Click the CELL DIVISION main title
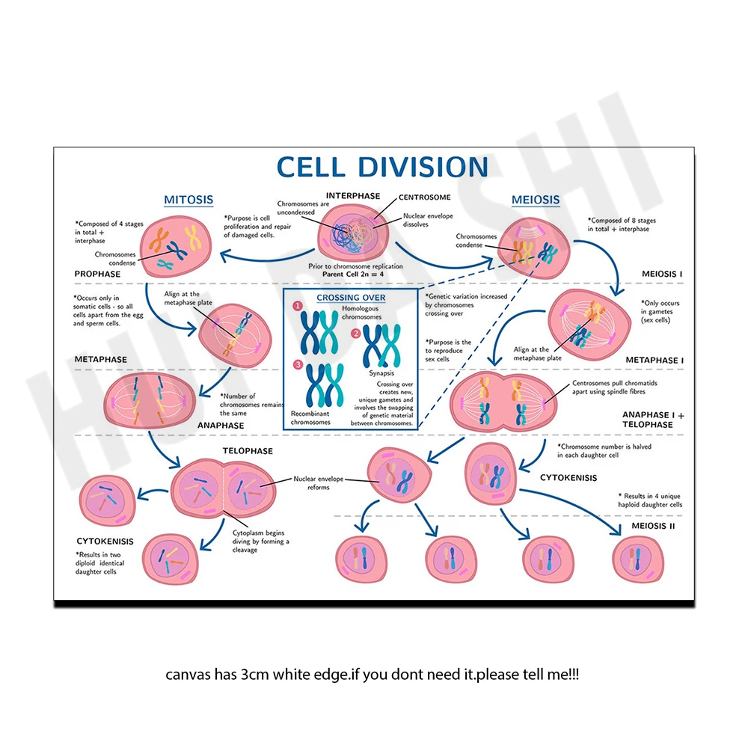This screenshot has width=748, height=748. tap(381, 167)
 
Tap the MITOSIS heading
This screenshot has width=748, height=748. tap(188, 200)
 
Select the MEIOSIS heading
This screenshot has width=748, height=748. tap(535, 200)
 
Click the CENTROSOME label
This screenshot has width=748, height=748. tap(425, 197)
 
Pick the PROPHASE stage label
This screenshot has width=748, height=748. tap(97, 274)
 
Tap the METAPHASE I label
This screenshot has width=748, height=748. tap(654, 360)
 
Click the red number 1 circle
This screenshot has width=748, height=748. tap(298, 307)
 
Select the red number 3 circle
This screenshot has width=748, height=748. tap(298, 365)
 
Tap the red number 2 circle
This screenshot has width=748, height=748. tap(356, 333)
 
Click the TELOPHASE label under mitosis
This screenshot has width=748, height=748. tap(248, 451)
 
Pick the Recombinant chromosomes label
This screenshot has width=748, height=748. tap(310, 417)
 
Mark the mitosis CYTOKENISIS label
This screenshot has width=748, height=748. tap(105, 541)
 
